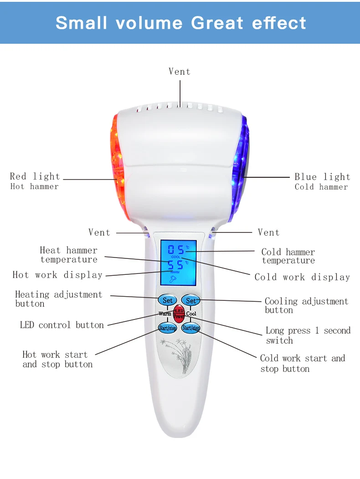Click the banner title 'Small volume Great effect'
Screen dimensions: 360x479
click(x=180, y=23)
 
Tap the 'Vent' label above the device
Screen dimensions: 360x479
click(x=180, y=72)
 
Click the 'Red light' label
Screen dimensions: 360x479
click(x=35, y=176)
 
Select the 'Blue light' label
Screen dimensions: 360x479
click(x=322, y=177)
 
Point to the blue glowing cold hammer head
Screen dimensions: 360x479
click(x=240, y=166)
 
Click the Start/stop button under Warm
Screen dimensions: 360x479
click(x=167, y=327)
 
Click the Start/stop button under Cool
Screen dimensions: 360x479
click(x=190, y=327)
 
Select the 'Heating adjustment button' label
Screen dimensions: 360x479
click(x=58, y=299)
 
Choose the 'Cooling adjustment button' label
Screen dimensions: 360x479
click(x=306, y=305)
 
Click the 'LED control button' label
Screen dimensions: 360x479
click(x=62, y=325)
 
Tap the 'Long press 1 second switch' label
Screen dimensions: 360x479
click(x=308, y=335)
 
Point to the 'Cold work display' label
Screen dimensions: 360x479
click(x=302, y=277)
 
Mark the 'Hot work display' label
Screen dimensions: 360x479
click(x=57, y=275)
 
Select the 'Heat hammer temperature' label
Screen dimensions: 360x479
click(x=68, y=255)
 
